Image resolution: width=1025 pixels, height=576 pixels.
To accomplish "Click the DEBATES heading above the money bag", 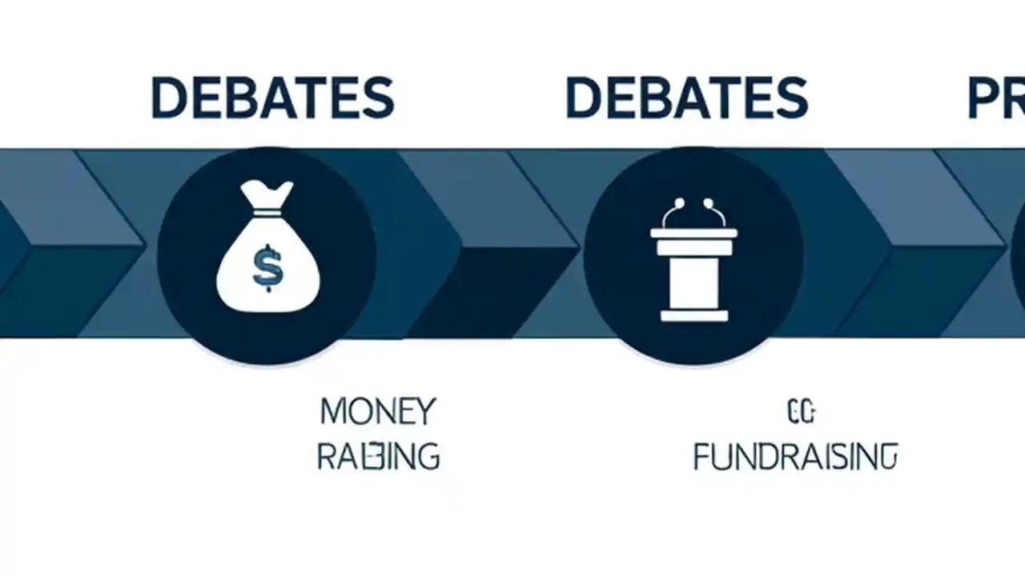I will (x=272, y=98).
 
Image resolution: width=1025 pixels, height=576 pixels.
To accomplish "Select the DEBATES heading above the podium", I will (x=686, y=98).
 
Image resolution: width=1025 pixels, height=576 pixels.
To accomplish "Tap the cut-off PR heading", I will (x=995, y=98).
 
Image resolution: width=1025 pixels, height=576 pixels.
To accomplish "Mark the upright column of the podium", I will (x=693, y=280).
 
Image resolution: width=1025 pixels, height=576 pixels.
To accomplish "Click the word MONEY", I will (x=377, y=411).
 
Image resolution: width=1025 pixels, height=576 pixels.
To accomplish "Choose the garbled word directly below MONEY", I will (x=378, y=457).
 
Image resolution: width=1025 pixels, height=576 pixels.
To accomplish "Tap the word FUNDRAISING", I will (x=794, y=457).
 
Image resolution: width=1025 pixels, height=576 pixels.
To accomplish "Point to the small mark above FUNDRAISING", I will (x=800, y=413).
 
